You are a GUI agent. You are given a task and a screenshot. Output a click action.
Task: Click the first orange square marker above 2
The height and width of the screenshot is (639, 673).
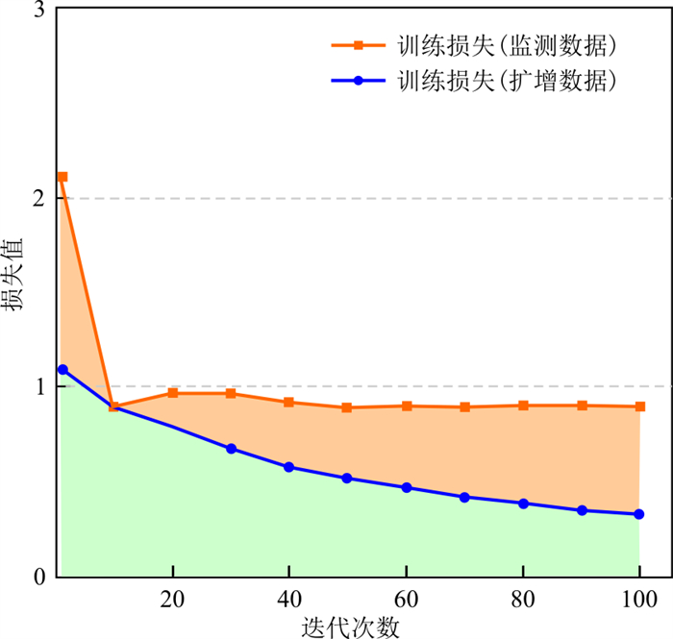click(x=62, y=177)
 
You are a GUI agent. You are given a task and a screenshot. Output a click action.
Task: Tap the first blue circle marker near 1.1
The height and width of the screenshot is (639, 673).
click(x=62, y=369)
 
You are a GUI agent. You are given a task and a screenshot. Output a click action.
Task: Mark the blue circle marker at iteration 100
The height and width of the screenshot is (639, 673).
click(x=639, y=514)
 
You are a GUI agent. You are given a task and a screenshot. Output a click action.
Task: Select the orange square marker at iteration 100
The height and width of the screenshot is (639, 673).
click(x=639, y=406)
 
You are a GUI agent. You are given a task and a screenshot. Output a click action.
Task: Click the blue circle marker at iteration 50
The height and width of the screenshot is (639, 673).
click(x=347, y=478)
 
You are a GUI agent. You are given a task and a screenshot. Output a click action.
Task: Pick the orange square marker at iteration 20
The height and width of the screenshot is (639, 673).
click(x=172, y=393)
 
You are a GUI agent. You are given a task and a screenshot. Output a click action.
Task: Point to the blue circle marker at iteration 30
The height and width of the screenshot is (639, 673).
click(x=231, y=449)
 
